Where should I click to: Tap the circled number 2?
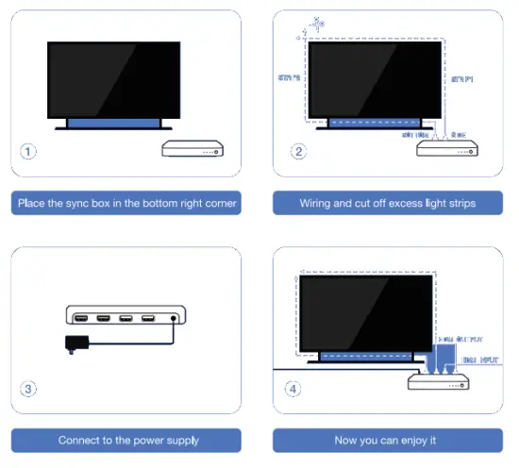[298, 151]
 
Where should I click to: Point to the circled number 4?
[298, 387]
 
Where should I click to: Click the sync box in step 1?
[193, 149]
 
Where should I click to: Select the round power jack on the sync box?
[175, 318]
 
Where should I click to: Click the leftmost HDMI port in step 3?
[81, 318]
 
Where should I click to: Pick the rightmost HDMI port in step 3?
[147, 318]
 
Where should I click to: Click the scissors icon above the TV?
[315, 20]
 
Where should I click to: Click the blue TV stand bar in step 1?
[112, 122]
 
